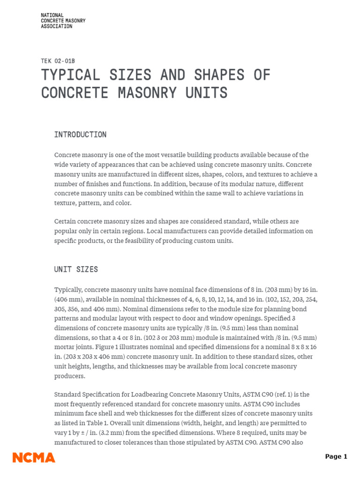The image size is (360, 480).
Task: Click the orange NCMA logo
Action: click(x=34, y=457)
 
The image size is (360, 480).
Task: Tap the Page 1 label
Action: click(x=336, y=457)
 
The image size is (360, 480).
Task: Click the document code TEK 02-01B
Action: click(x=58, y=61)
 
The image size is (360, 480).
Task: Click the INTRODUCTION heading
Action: click(x=80, y=135)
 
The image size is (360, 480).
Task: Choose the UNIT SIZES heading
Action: click(x=76, y=269)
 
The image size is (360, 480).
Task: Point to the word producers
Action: click(x=70, y=375)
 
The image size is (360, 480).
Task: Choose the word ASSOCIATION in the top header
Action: click(x=57, y=27)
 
